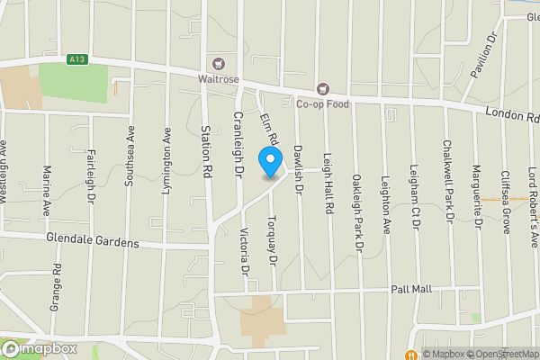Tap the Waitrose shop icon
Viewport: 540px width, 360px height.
point(217,63)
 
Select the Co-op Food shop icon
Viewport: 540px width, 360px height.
point(323,89)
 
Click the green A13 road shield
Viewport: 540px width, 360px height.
point(77,59)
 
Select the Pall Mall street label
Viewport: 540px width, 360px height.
point(410,290)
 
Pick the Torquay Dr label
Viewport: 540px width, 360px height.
point(272,236)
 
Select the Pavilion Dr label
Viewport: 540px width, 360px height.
point(483,56)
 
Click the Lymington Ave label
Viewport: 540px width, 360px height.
point(166,159)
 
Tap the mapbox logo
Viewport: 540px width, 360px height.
point(40,348)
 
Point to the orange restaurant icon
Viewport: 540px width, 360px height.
point(413,355)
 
